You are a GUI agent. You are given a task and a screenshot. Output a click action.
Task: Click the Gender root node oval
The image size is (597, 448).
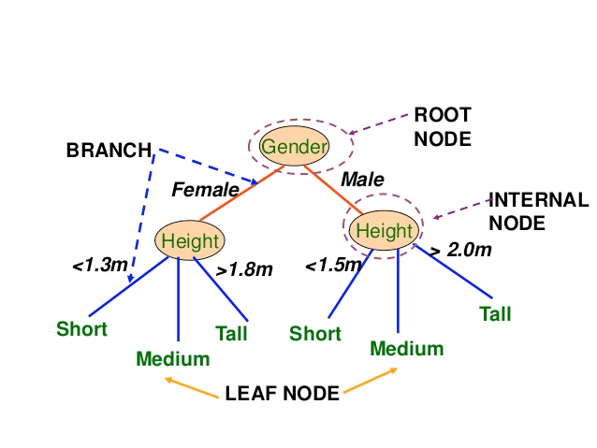295,147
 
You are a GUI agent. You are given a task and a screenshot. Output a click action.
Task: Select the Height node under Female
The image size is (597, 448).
190,240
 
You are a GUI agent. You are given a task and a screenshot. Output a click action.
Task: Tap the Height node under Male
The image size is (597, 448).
384,230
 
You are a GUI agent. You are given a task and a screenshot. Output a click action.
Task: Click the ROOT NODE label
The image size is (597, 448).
442,126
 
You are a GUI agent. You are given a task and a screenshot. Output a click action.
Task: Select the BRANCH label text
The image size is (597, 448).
109,150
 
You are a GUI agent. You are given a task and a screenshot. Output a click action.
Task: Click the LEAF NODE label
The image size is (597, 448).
282,393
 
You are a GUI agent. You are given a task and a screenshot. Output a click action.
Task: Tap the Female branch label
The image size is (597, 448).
205,190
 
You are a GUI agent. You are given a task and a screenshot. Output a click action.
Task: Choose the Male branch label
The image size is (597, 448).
362,179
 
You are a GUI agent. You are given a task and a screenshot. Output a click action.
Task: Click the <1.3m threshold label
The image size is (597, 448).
99,266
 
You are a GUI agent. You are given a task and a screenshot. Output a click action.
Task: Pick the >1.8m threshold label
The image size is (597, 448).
244,269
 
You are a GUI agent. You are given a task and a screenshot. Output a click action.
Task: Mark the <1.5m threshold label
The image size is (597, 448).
332,266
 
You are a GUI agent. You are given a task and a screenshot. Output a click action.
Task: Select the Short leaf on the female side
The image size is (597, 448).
81,328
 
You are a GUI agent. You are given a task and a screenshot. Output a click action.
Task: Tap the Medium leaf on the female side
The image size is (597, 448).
173,357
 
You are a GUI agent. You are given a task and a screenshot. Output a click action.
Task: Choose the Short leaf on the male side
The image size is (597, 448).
314,333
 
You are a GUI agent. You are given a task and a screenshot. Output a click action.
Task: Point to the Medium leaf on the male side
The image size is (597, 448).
406,349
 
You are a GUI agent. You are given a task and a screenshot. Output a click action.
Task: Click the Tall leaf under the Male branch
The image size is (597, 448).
495,313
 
